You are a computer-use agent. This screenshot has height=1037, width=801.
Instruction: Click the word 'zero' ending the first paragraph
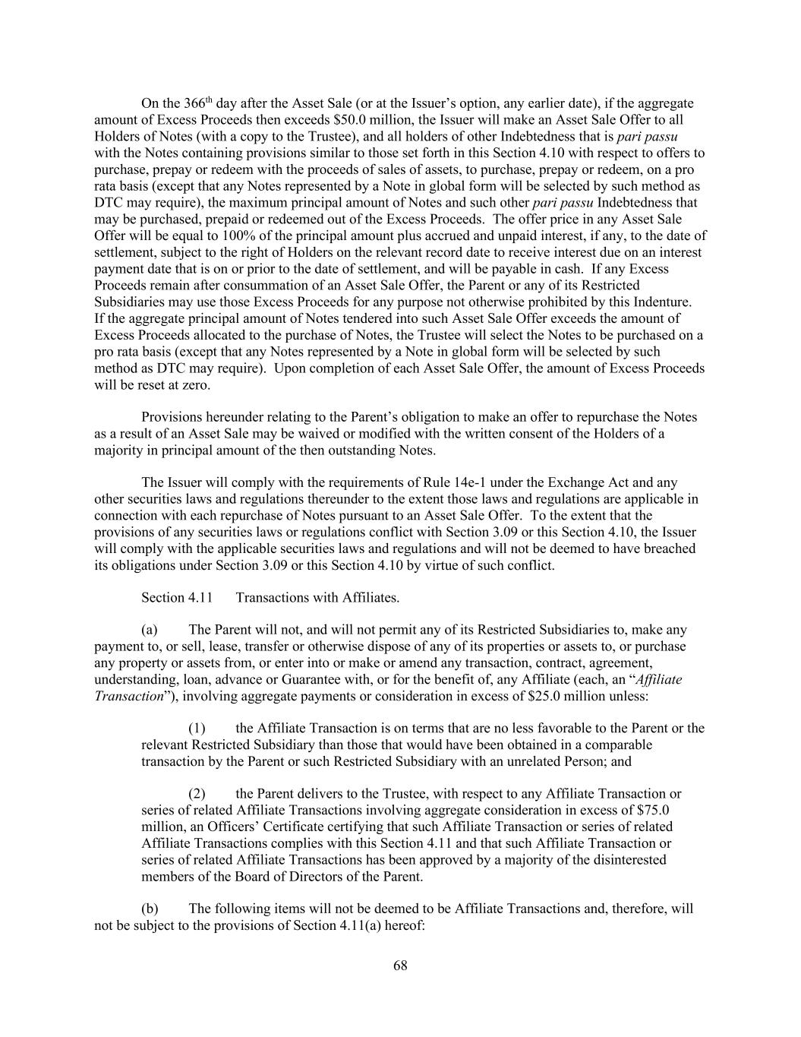195,384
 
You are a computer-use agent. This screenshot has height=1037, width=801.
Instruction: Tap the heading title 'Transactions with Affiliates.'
317,597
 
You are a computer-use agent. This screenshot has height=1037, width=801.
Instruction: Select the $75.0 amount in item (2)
650,810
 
